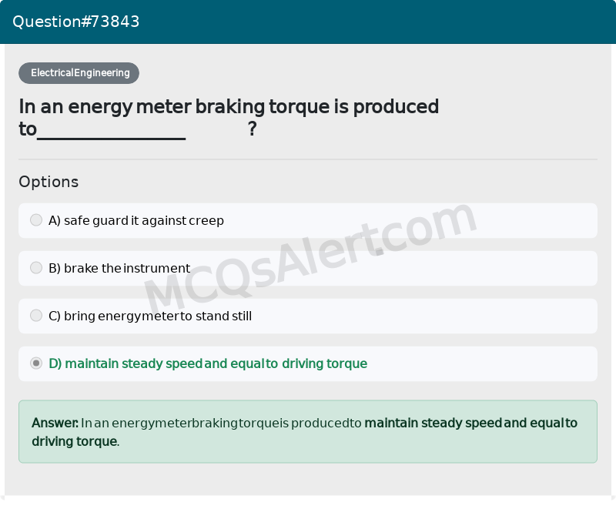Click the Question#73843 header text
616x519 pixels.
pyautogui.click(x=76, y=22)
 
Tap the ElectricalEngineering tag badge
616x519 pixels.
pyautogui.click(x=79, y=73)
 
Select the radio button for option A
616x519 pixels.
pyautogui.click(x=36, y=220)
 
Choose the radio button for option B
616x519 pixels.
pyautogui.click(x=36, y=268)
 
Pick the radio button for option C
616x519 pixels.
pyautogui.click(x=36, y=316)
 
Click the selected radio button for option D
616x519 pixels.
pyautogui.click(x=36, y=363)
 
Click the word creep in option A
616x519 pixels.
pyautogui.click(x=206, y=221)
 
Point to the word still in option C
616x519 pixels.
pyautogui.click(x=242, y=316)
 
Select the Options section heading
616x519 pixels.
pyautogui.click(x=49, y=182)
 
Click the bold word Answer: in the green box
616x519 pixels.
pyautogui.click(x=55, y=423)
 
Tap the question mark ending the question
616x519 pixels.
pyautogui.click(x=252, y=129)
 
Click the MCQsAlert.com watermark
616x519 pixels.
pyautogui.click(x=308, y=258)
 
